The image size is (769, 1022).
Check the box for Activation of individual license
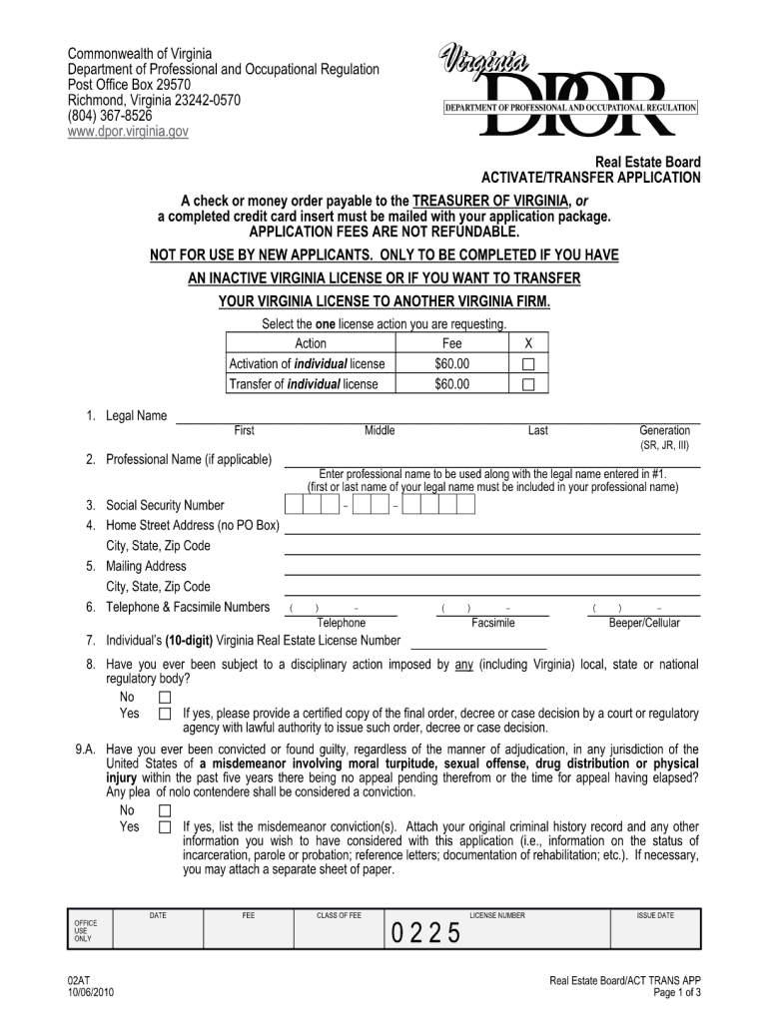click(529, 364)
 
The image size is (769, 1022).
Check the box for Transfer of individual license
click(529, 384)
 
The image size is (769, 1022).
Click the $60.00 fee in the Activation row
click(451, 364)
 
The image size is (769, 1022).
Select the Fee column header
click(451, 343)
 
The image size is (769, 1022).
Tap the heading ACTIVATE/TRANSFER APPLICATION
click(591, 178)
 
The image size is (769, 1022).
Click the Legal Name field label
click(137, 415)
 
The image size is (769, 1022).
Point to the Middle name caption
click(380, 430)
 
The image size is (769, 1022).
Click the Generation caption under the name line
click(664, 430)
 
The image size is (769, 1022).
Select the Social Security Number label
click(166, 505)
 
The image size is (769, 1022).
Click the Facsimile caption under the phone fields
click(493, 623)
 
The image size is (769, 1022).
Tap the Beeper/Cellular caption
click(644, 623)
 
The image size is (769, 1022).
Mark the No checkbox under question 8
click(165, 697)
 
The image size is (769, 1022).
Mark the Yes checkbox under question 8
click(165, 714)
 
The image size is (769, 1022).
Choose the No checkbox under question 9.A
click(165, 810)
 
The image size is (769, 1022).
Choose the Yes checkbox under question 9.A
click(165, 827)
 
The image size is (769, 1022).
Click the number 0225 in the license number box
click(426, 934)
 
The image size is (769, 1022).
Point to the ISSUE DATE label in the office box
click(655, 915)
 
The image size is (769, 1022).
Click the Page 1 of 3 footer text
click(677, 994)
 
